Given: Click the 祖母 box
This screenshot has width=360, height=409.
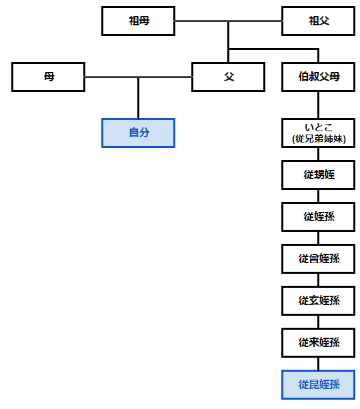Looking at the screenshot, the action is [x=138, y=21].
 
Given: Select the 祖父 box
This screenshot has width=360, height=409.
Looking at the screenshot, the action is [x=318, y=21].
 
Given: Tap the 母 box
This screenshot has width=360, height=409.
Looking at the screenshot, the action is [x=48, y=77].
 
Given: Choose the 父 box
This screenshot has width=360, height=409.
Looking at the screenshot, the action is [x=229, y=77].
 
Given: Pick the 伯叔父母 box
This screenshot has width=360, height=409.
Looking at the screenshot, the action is [x=318, y=77].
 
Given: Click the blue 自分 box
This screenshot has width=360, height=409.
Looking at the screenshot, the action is [x=138, y=133].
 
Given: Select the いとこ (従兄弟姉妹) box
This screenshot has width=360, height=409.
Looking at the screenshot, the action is [x=318, y=133].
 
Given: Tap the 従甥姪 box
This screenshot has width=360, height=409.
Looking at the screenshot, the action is [x=318, y=175].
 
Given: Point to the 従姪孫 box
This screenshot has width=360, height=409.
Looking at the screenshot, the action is [x=318, y=216].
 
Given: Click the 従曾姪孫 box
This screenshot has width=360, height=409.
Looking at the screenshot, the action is [x=318, y=258].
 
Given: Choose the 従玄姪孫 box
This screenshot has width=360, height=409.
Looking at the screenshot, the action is [x=318, y=300].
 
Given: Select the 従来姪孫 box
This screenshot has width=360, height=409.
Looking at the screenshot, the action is [x=318, y=343].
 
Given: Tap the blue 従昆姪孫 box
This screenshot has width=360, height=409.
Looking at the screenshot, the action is [x=318, y=385].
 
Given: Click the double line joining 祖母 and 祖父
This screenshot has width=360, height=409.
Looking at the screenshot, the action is [x=228, y=21].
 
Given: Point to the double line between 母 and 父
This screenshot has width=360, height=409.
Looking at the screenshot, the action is [x=139, y=77].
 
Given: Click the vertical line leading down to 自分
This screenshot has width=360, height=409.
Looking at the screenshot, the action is [x=138, y=99].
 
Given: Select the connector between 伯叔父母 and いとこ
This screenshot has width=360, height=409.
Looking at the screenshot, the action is [x=318, y=105].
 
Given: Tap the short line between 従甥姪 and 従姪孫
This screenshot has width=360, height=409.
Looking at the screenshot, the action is [x=318, y=196].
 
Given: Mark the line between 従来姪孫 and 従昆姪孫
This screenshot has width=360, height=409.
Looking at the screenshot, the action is [x=318, y=364].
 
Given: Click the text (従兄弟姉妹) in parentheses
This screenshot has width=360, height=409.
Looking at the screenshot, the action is [x=319, y=139].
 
